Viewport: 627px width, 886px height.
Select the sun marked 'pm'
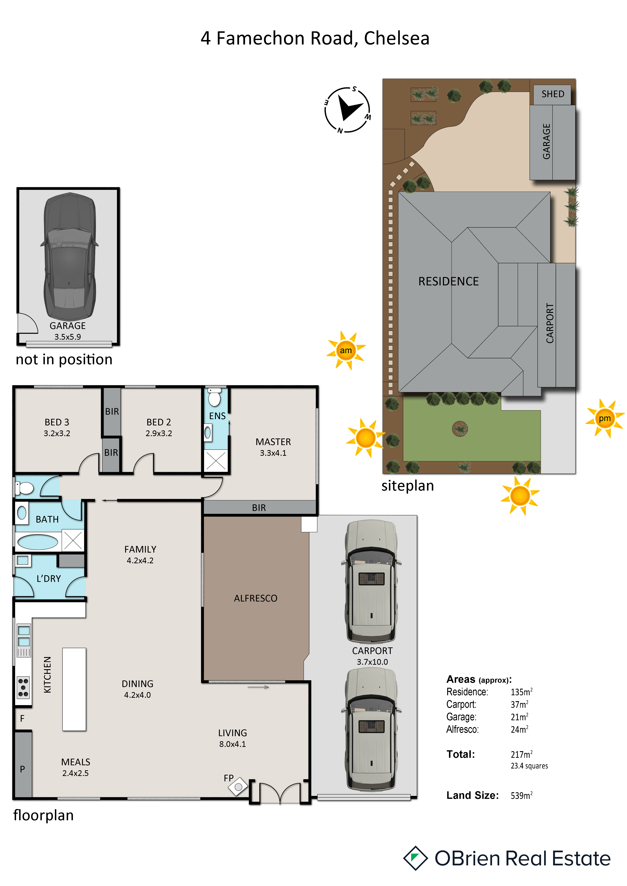(605, 418)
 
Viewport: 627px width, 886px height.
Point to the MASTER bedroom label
(273, 442)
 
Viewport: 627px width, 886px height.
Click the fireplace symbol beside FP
(238, 787)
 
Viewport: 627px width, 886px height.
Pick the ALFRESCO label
(256, 598)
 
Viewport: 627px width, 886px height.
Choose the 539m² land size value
(522, 795)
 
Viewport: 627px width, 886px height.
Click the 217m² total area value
(522, 754)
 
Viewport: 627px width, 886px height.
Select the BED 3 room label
(57, 422)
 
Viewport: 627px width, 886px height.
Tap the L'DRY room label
(49, 578)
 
